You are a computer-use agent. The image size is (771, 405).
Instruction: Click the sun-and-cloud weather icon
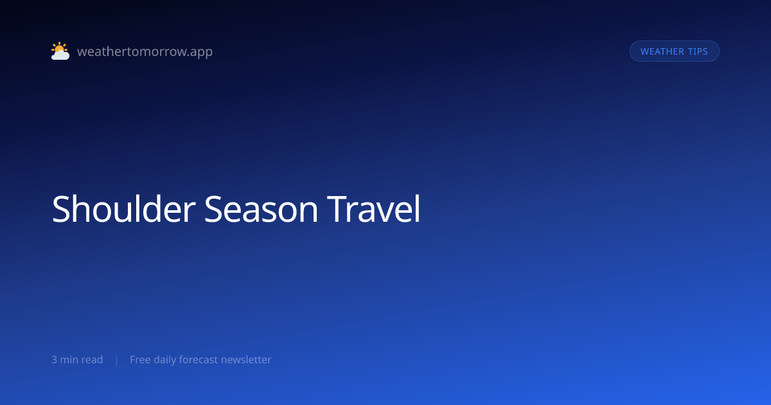(x=60, y=51)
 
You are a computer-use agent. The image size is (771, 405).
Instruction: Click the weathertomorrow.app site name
(x=145, y=51)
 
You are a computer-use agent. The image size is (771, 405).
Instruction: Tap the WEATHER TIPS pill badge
(x=674, y=51)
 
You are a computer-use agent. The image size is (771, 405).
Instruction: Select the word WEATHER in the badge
(x=662, y=51)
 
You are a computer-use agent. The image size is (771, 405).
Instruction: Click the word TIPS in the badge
(x=698, y=51)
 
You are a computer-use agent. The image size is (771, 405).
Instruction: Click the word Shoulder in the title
(x=123, y=209)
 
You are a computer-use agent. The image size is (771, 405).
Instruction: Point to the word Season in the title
(x=261, y=210)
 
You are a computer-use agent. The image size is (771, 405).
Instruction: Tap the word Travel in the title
(x=374, y=209)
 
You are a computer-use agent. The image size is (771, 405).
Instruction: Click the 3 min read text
(x=77, y=359)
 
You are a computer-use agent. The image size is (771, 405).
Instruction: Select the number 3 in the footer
(x=55, y=360)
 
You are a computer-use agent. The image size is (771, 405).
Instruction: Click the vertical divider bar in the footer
(x=117, y=360)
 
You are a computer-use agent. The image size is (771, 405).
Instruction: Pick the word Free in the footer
(x=140, y=359)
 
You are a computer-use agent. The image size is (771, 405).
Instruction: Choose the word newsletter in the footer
(x=246, y=359)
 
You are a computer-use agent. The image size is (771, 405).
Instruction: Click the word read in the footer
(x=93, y=359)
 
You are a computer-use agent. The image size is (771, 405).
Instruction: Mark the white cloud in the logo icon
(x=60, y=55)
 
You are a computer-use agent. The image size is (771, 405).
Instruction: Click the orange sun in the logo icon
(x=59, y=48)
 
